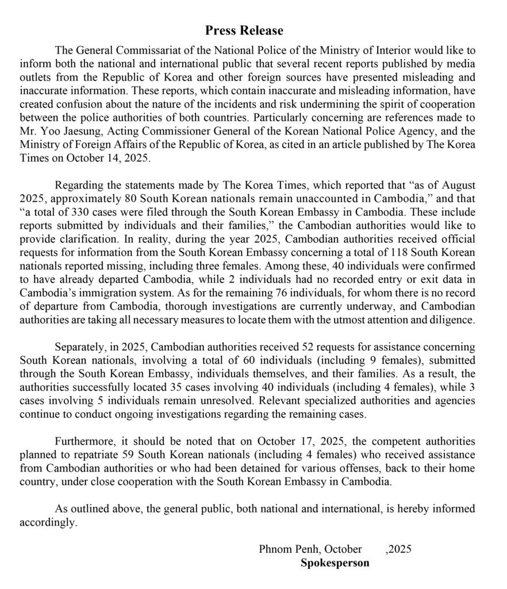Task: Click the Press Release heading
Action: coord(244,30)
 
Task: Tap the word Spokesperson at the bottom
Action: coord(335,563)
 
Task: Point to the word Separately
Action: coord(79,347)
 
